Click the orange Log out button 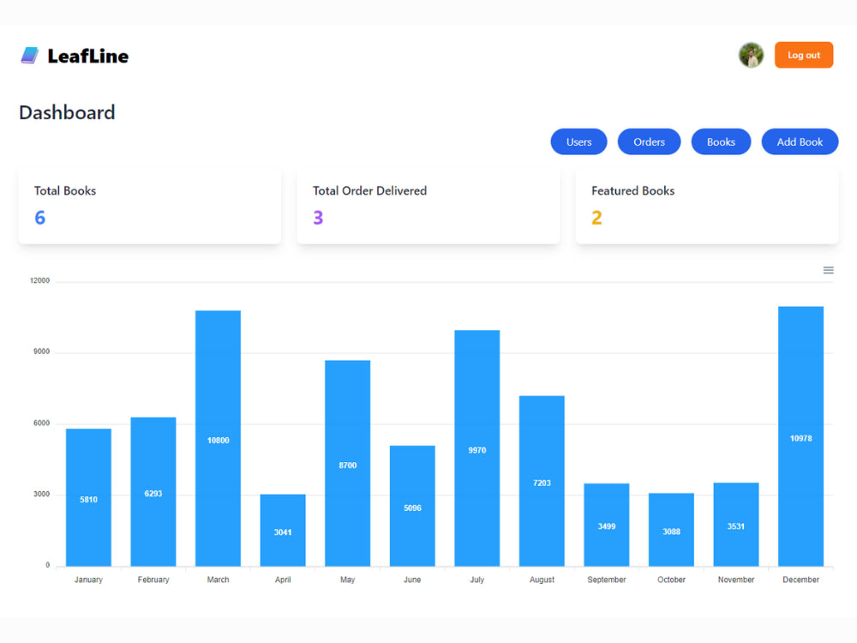804,55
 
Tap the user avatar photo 751,55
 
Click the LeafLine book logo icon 30,55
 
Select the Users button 578,142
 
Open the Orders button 649,142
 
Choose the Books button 721,142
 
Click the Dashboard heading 67,112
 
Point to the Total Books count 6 40,218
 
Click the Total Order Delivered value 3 318,218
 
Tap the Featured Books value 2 596,218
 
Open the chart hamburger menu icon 829,270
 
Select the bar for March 218,438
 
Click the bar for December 800,436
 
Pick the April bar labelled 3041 283,531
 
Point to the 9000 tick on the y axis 41,352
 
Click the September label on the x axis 607,580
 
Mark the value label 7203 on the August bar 542,483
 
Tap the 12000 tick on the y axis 40,280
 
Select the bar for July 477,448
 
